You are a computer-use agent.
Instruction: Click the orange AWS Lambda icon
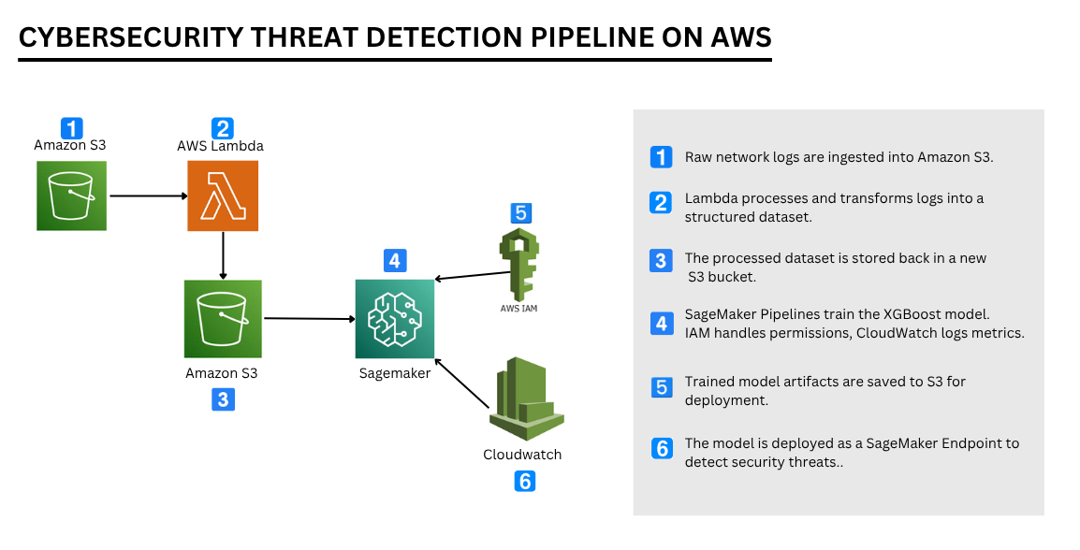pyautogui.click(x=223, y=195)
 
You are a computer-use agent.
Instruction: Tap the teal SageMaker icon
pyautogui.click(x=395, y=319)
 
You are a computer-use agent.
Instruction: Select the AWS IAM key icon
pyautogui.click(x=518, y=263)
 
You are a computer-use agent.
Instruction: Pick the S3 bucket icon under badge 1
pyautogui.click(x=72, y=195)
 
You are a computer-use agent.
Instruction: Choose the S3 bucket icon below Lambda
pyautogui.click(x=223, y=319)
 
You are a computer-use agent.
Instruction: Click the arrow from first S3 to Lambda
pyautogui.click(x=148, y=196)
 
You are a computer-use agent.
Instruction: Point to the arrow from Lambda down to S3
pyautogui.click(x=223, y=254)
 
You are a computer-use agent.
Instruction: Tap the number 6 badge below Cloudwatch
pyautogui.click(x=525, y=482)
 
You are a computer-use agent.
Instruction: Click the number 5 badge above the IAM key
pyautogui.click(x=520, y=213)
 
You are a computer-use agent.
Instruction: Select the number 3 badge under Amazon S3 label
pyautogui.click(x=222, y=399)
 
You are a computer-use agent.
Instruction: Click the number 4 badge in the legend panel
pyautogui.click(x=662, y=324)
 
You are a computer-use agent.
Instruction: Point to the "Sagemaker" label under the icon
pyautogui.click(x=395, y=373)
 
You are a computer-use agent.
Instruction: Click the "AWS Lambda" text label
pyautogui.click(x=220, y=146)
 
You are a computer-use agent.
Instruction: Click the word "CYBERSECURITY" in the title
pyautogui.click(x=130, y=37)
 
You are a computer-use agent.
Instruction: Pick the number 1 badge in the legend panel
pyautogui.click(x=662, y=157)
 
